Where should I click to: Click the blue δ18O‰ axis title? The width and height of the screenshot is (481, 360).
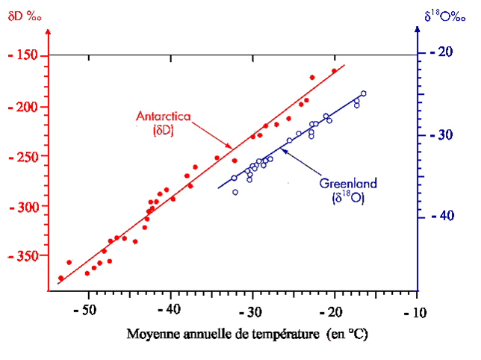click(447, 14)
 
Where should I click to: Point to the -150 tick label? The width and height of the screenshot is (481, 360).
click(27, 55)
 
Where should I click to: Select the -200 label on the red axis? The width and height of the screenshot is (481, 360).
click(27, 106)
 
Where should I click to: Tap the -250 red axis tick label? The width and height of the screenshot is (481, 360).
click(27, 156)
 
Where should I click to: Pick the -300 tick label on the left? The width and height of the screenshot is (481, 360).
click(27, 206)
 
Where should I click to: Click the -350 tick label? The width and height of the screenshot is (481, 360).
click(27, 256)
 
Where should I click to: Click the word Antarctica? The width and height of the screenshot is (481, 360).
click(163, 117)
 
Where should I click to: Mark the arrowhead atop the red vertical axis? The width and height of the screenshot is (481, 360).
click(47, 32)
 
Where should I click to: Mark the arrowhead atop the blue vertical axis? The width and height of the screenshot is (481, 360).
click(415, 31)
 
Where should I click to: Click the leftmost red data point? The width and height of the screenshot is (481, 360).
click(60, 279)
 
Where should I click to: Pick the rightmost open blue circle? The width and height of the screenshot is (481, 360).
click(364, 93)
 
